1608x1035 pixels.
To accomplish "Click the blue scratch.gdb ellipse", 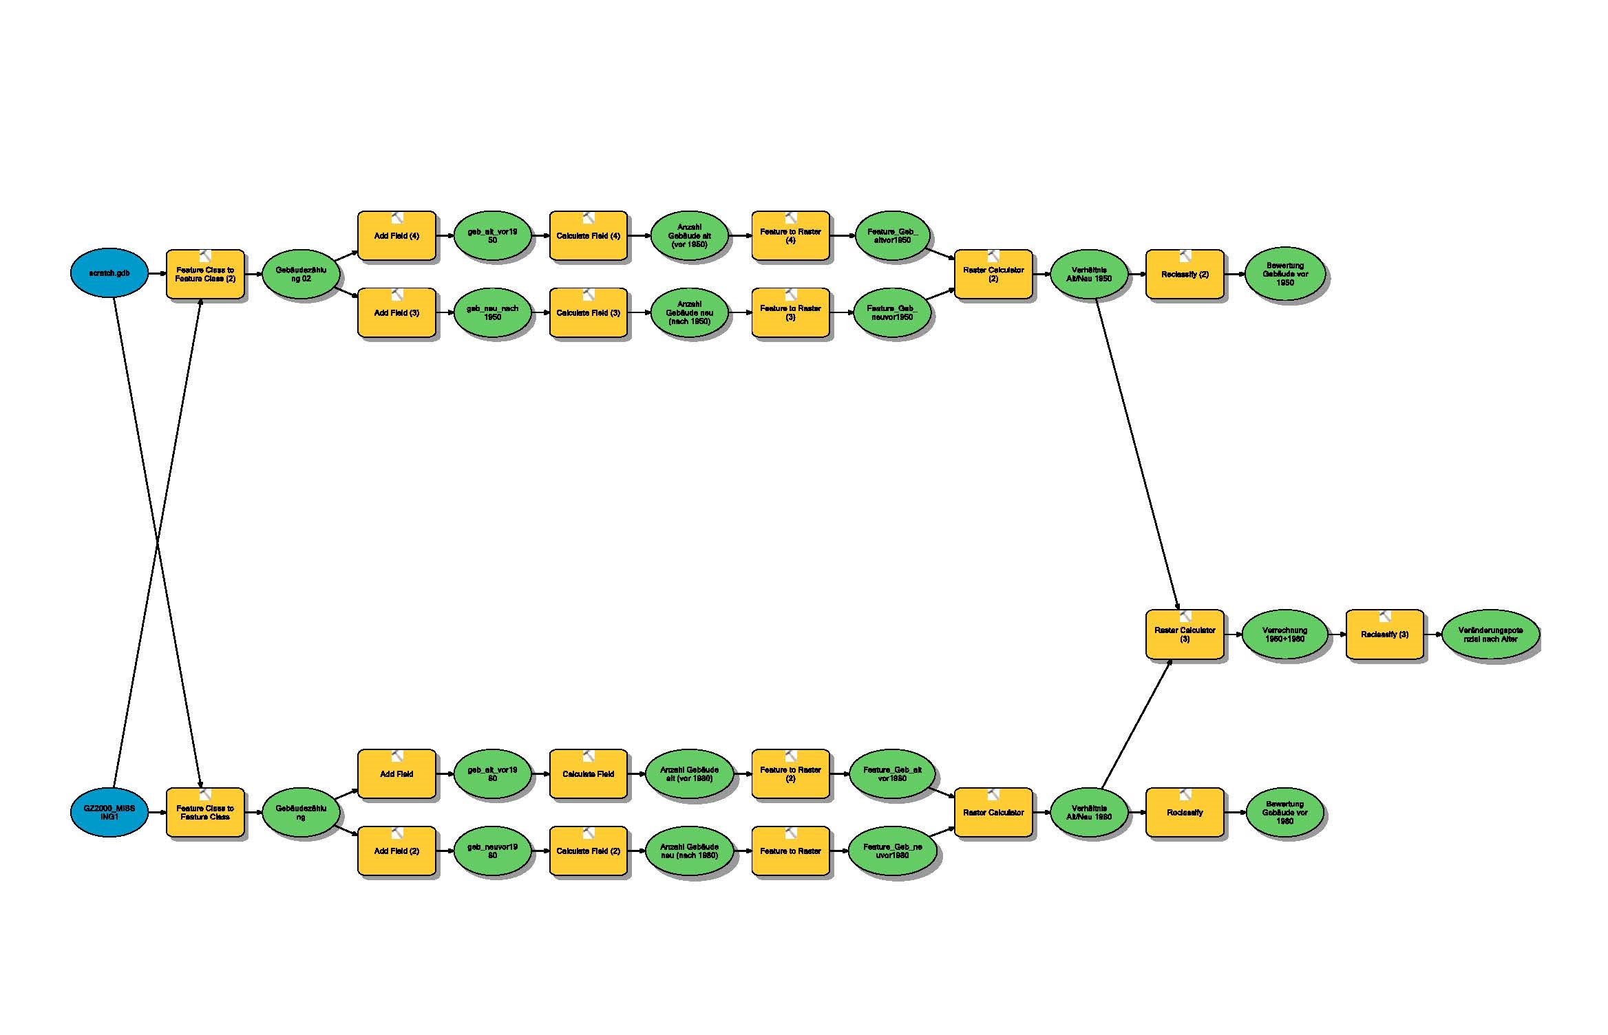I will (109, 274).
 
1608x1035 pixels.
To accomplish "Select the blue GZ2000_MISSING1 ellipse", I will (109, 812).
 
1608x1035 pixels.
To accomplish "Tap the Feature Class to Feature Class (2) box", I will (205, 275).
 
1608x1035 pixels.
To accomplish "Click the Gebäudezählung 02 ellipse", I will (301, 274).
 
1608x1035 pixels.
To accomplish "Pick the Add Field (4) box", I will (396, 236).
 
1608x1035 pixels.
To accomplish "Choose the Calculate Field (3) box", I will (588, 313).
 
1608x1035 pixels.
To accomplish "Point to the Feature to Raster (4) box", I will (790, 236).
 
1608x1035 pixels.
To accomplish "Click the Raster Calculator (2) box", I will (993, 275).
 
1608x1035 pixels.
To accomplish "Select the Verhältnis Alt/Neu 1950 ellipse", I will (1089, 274).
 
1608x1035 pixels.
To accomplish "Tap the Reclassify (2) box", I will (1185, 275).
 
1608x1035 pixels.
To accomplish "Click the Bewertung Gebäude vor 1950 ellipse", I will (1284, 274).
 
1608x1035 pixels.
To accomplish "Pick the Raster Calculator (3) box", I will (1185, 634).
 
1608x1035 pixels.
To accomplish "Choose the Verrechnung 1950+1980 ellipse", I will (1284, 634).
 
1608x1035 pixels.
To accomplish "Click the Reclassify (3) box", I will (1384, 634).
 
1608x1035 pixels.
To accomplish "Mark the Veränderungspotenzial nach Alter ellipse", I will (1490, 634).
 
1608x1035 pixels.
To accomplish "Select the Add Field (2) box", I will (396, 851).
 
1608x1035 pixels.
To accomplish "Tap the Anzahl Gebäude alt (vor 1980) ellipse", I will (689, 774).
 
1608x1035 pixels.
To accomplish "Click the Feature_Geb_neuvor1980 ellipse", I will (892, 851).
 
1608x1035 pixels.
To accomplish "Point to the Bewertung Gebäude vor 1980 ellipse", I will (1284, 813).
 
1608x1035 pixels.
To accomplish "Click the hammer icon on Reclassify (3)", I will (1385, 616).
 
